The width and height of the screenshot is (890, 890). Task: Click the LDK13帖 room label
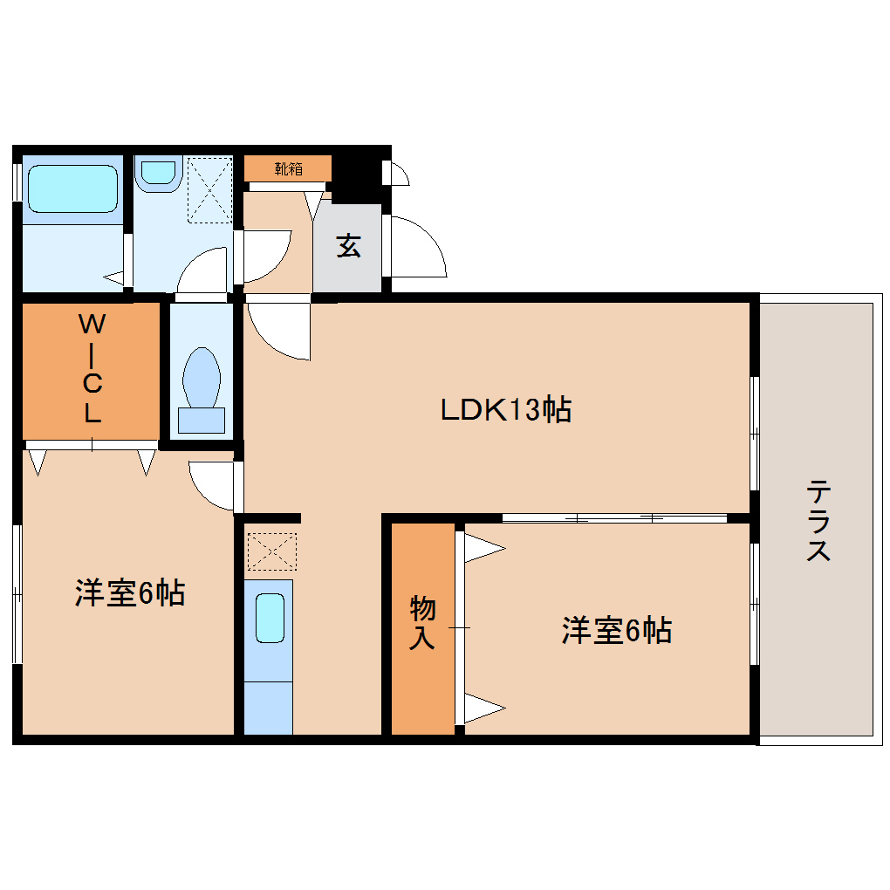pyautogui.click(x=505, y=408)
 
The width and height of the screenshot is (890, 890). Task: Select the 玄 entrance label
pyautogui.click(x=348, y=247)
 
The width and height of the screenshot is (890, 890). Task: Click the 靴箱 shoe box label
pyautogui.click(x=288, y=168)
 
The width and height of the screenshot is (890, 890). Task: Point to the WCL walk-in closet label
pyautogui.click(x=92, y=368)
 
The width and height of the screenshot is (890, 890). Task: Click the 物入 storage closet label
pyautogui.click(x=422, y=623)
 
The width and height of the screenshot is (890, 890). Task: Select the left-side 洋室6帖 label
pyautogui.click(x=128, y=593)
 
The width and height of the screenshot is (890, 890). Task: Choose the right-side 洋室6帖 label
pyautogui.click(x=616, y=630)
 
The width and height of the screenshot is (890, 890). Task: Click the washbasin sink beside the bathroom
pyautogui.click(x=159, y=171)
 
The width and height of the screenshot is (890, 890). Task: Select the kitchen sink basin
pyautogui.click(x=270, y=618)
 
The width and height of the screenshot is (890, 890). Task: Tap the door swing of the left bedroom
pyautogui.click(x=212, y=485)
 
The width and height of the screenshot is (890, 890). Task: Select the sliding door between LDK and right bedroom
pyautogui.click(x=614, y=518)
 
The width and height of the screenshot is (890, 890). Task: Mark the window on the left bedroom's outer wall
pyautogui.click(x=17, y=593)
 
